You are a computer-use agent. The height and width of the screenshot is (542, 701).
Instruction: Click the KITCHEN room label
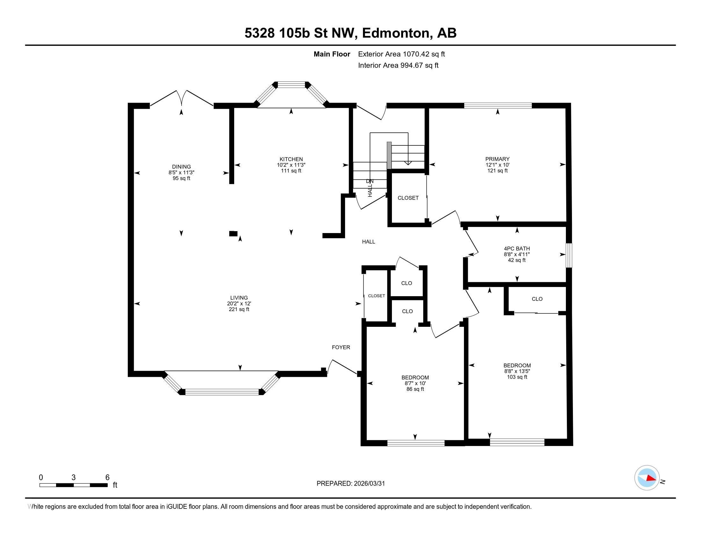291,159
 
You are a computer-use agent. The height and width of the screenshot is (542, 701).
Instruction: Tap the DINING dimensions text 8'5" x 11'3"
181,172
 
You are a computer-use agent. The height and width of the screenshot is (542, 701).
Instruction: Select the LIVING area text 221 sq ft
239,309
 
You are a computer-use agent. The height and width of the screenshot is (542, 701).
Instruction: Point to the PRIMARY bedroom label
497,159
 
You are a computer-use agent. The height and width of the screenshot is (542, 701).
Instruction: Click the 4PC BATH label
517,249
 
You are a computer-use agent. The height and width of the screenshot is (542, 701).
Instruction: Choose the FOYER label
341,347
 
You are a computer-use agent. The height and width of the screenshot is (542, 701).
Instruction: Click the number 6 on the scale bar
107,477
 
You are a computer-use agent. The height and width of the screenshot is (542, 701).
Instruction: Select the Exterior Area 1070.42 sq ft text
401,54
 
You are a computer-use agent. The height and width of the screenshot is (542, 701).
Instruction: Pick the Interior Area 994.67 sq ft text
398,65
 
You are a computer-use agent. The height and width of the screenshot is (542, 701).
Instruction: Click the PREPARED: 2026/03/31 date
350,483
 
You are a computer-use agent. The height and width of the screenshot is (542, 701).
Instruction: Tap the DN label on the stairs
369,181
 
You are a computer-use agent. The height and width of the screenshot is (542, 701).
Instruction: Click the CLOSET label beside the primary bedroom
408,198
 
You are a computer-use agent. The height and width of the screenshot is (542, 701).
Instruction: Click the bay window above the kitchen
291,85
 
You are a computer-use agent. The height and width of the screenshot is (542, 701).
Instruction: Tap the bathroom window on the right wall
568,255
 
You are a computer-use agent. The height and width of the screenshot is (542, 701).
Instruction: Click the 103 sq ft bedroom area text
517,377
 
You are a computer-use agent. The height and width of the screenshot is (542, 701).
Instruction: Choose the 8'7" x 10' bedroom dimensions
415,383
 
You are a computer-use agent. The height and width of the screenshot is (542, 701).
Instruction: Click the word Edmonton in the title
396,33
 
